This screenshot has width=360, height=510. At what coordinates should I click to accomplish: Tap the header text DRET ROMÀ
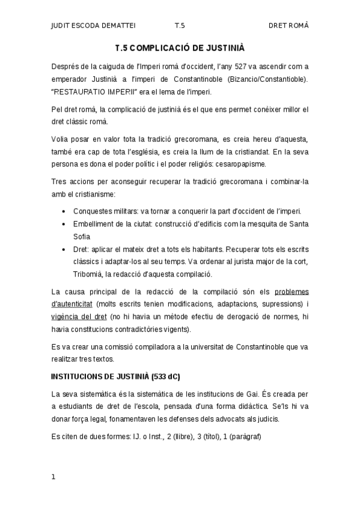[x=288, y=26]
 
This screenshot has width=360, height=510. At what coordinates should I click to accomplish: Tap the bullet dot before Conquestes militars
[x=64, y=212]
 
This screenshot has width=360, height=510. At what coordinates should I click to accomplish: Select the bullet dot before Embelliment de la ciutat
[x=64, y=224]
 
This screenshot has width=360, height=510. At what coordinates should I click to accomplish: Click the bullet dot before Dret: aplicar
[x=64, y=249]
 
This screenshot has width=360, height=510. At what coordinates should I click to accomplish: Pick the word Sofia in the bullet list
[x=82, y=236]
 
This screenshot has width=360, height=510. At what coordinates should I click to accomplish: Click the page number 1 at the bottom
[x=53, y=477]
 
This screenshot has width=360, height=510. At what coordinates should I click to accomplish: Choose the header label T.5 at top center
[x=180, y=26]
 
